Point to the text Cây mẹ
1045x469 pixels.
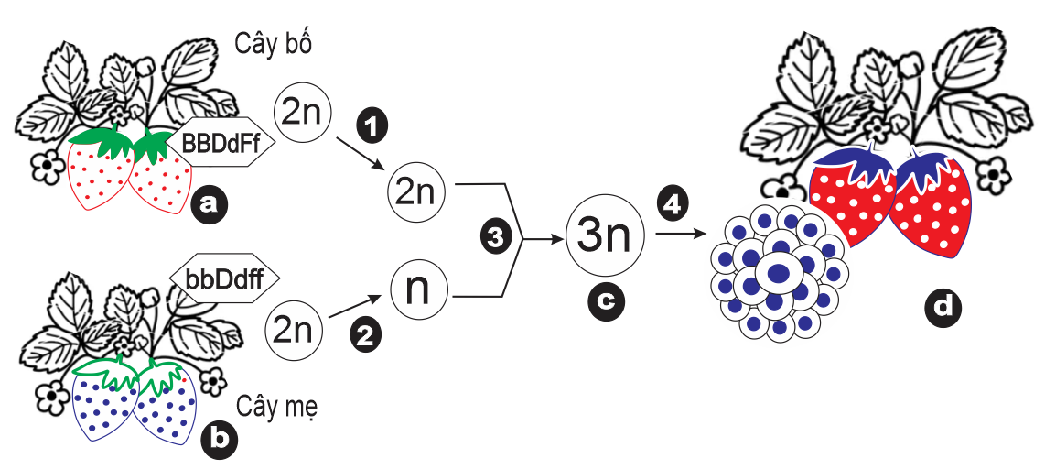pos(276,403)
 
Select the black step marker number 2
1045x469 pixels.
pos(366,336)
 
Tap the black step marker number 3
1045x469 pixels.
pos(495,237)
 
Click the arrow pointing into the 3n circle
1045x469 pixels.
pos(544,238)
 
